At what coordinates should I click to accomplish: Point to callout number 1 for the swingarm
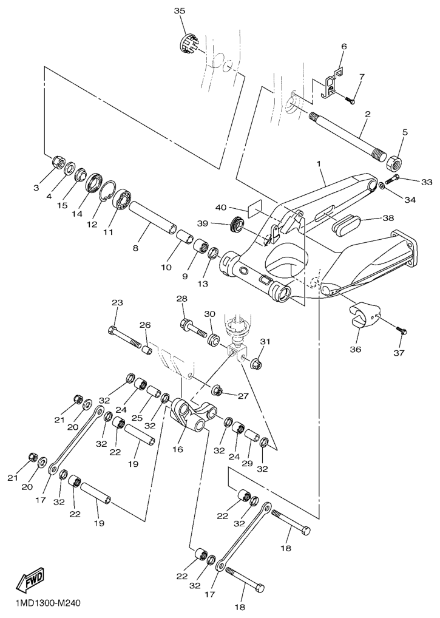(318, 163)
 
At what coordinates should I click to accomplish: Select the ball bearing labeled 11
(123, 201)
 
